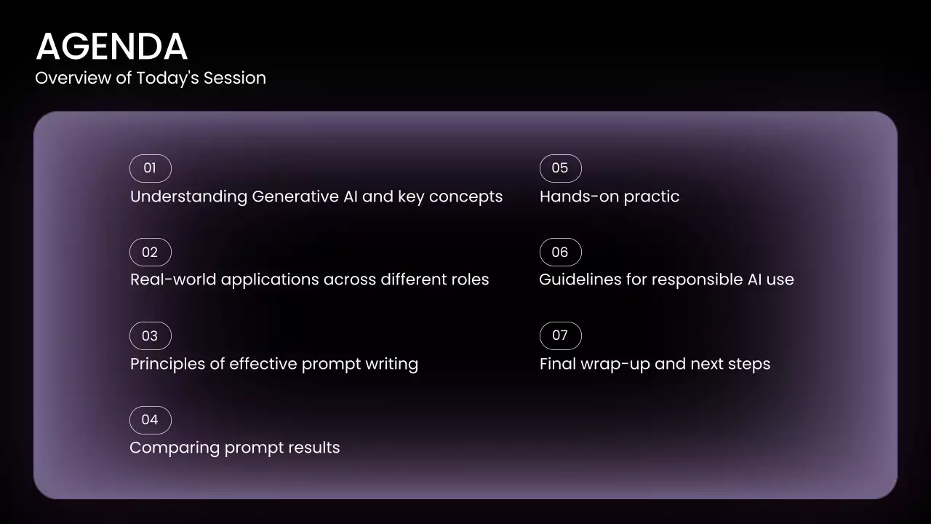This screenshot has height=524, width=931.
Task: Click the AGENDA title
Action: (112, 46)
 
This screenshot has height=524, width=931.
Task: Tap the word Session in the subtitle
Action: (234, 78)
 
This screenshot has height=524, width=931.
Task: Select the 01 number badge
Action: (150, 168)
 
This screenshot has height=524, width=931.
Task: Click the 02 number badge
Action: (150, 252)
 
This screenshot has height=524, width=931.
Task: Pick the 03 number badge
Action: (150, 336)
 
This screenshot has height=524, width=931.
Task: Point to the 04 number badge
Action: (150, 420)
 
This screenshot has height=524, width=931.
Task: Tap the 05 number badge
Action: (560, 168)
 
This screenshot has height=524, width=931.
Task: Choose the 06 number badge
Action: (560, 252)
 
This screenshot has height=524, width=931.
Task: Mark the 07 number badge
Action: (560, 336)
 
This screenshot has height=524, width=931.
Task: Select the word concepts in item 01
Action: (465, 197)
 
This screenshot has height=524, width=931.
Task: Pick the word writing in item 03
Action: (391, 365)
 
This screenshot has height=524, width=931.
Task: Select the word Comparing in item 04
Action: (175, 448)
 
